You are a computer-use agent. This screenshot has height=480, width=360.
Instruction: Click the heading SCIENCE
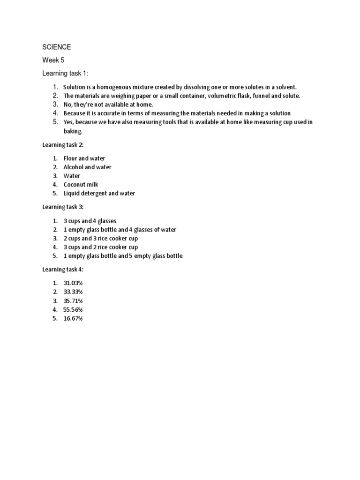pyautogui.click(x=57, y=47)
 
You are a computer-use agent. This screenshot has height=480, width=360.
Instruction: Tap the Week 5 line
pyautogui.click(x=53, y=60)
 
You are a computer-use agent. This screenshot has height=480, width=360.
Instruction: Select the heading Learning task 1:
pyautogui.click(x=65, y=74)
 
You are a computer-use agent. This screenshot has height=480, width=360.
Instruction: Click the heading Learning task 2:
pyautogui.click(x=63, y=145)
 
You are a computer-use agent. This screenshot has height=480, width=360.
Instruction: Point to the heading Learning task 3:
pyautogui.click(x=63, y=207)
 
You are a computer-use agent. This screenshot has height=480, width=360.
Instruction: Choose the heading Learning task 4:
pyautogui.click(x=63, y=269)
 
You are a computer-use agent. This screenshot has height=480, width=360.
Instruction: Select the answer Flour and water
pyautogui.click(x=84, y=158)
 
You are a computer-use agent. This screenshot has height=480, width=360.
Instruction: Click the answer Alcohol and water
pyautogui.click(x=87, y=167)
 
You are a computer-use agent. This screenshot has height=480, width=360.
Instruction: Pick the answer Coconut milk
pyautogui.click(x=81, y=185)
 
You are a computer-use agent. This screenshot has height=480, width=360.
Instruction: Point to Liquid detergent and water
pyautogui.click(x=99, y=194)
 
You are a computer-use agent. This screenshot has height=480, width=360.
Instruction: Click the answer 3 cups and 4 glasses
pyautogui.click(x=90, y=221)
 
